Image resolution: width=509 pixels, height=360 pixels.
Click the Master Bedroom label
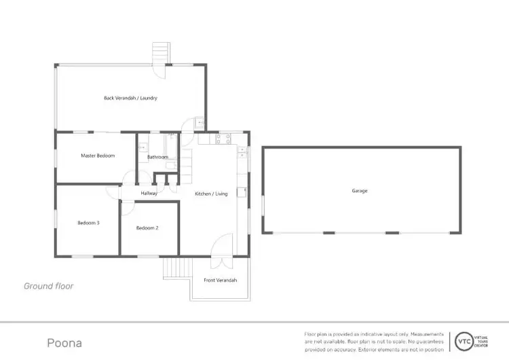pos(98,156)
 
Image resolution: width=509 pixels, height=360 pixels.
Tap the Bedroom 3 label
pos(89,223)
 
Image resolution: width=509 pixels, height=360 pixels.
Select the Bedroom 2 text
pos(147,228)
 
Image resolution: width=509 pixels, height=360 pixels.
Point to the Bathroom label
pos(157,158)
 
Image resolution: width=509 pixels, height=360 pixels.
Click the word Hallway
pos(149,194)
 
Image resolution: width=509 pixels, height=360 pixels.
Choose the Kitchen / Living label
pos(211,194)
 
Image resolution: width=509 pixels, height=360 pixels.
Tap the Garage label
pos(360,191)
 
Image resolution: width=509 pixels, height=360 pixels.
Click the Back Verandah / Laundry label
pos(130,98)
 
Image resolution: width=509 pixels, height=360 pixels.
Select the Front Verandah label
pos(221,280)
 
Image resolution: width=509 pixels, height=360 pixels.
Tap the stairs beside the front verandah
pos(176,268)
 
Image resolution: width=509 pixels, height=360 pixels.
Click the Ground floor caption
pos(49,286)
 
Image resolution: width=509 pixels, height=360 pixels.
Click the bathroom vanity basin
pos(142,147)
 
